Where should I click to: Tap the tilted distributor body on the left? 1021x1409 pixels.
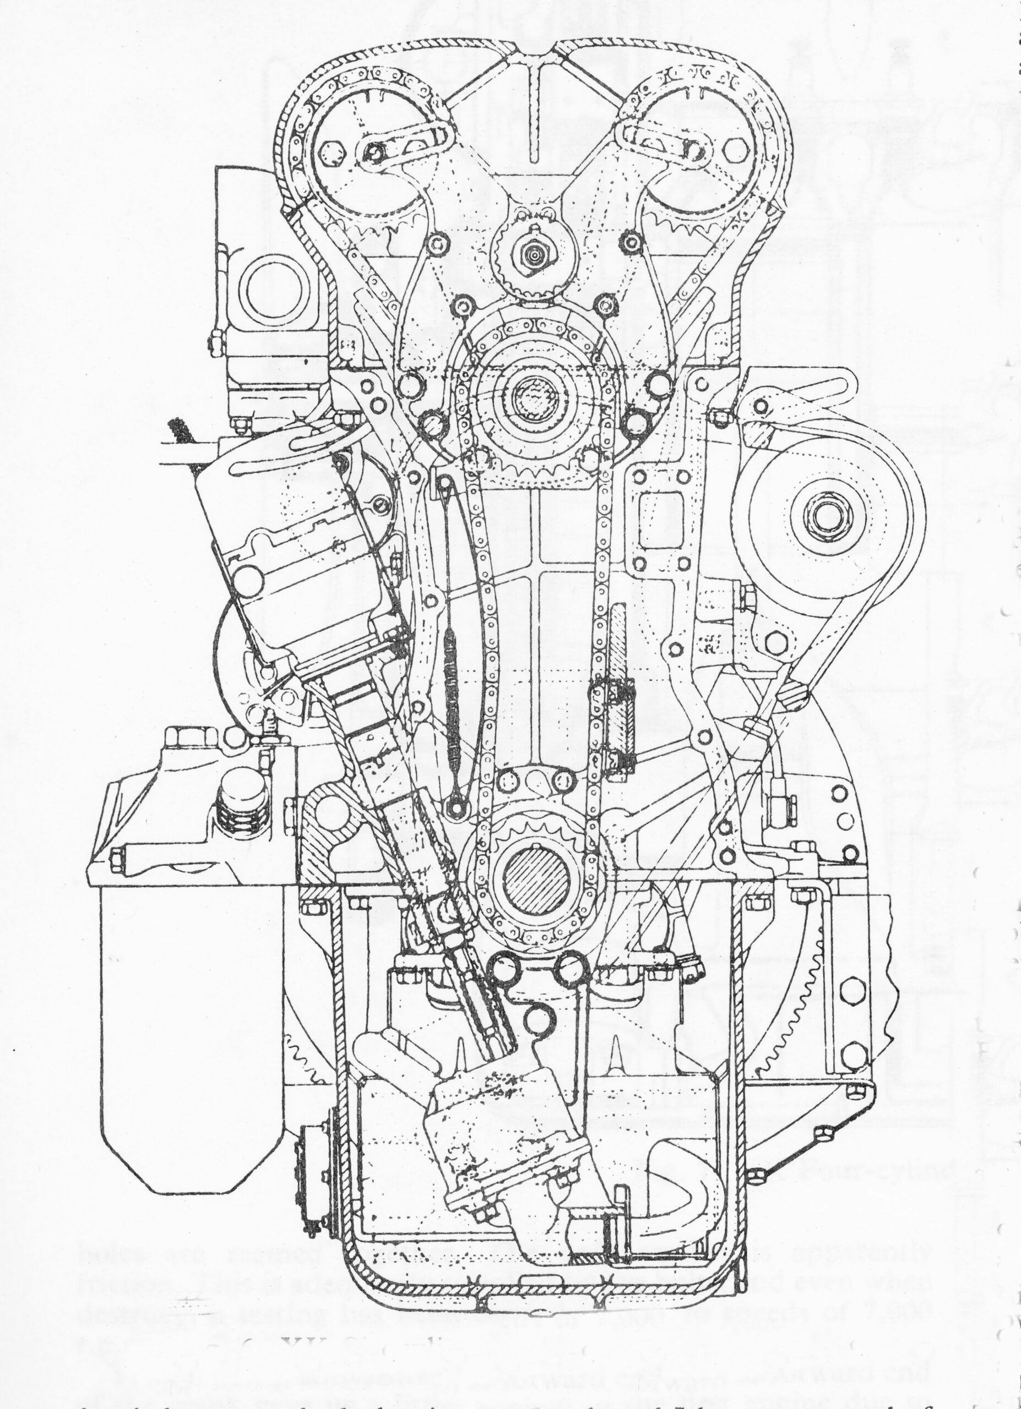point(298,553)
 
